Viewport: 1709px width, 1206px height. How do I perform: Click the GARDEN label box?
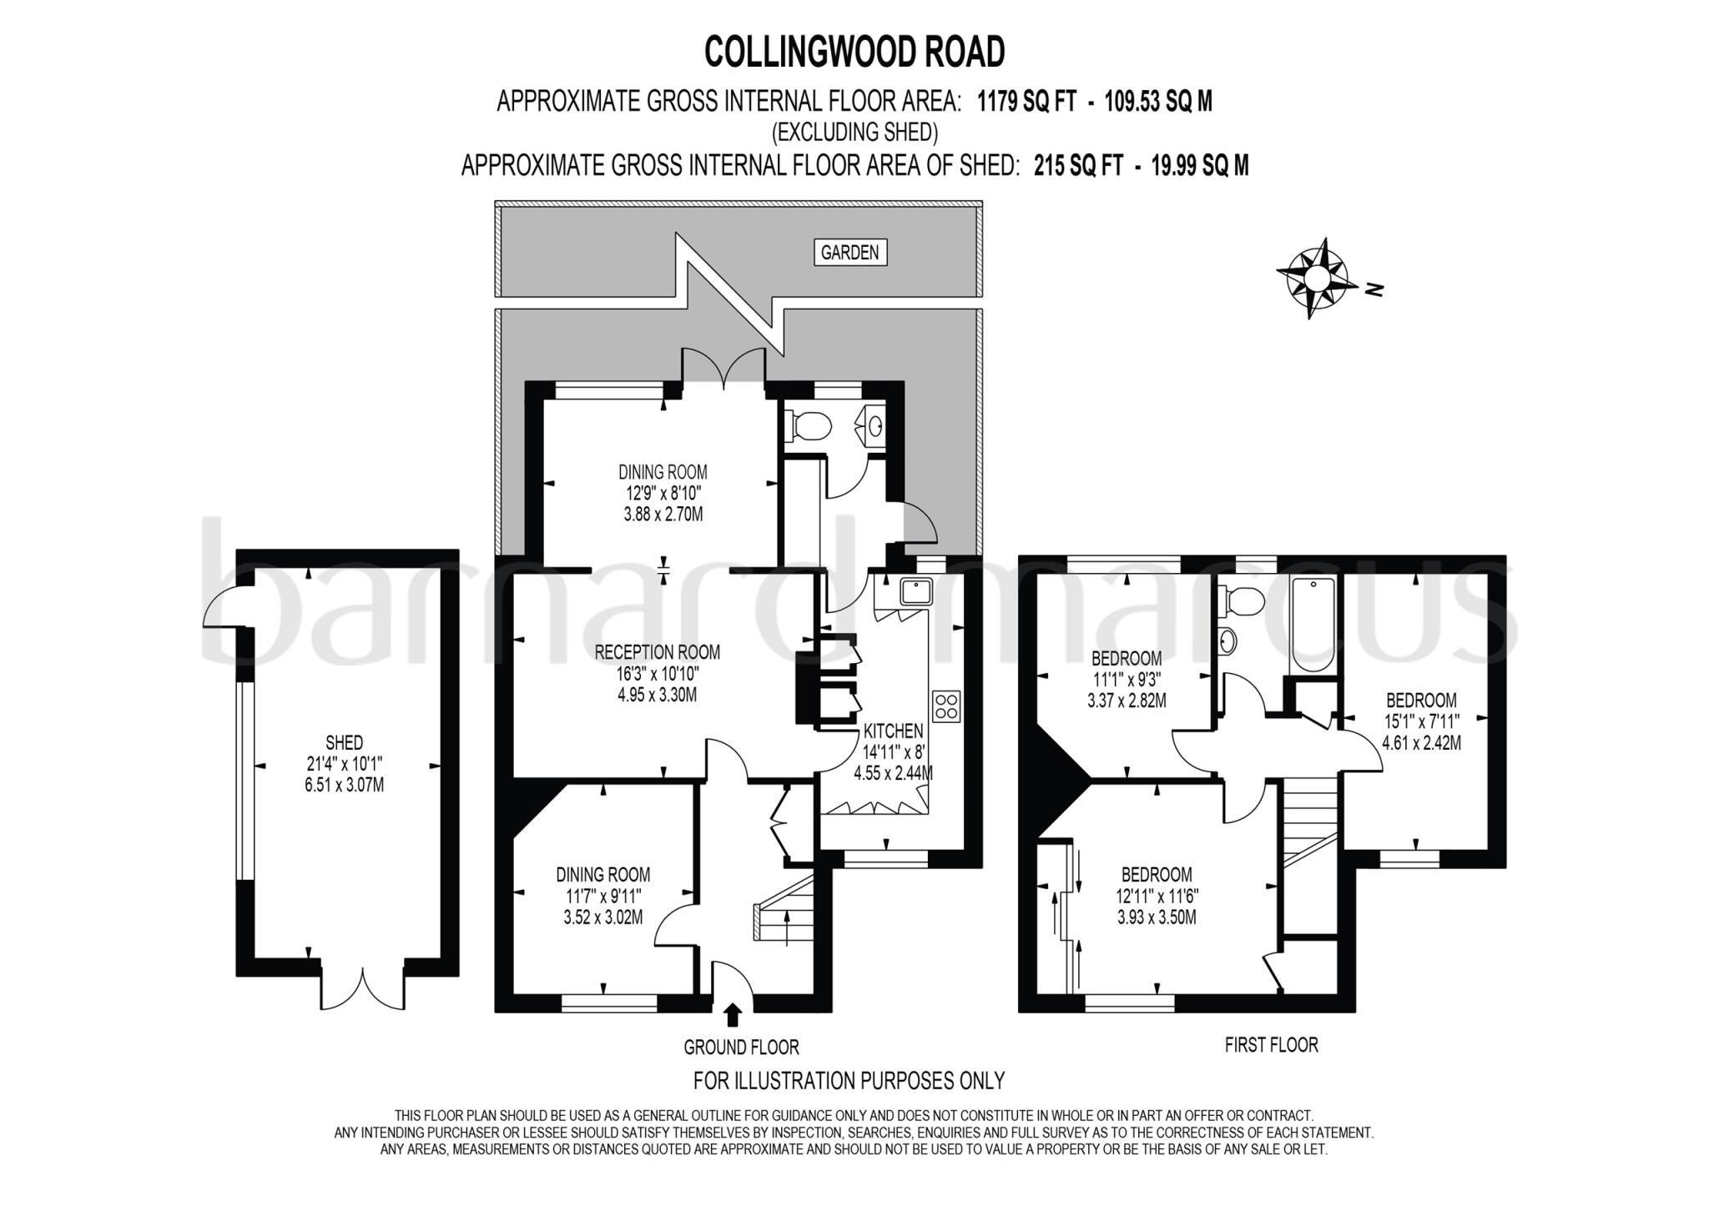(849, 253)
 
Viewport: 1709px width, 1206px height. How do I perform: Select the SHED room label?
(344, 742)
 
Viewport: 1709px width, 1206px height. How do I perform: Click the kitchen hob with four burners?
(947, 706)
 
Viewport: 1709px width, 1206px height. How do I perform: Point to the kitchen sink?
(915, 591)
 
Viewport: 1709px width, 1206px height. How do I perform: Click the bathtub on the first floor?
(1313, 624)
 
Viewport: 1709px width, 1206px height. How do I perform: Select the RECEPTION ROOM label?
(657, 652)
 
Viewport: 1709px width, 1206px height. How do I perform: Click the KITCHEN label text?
(893, 731)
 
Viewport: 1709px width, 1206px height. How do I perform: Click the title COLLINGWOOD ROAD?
(854, 52)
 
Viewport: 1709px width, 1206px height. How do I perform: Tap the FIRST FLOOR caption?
(1271, 1044)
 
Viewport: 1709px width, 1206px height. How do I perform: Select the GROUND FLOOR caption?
(741, 1047)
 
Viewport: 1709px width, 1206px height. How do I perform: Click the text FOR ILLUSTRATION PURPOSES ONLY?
(849, 1081)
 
